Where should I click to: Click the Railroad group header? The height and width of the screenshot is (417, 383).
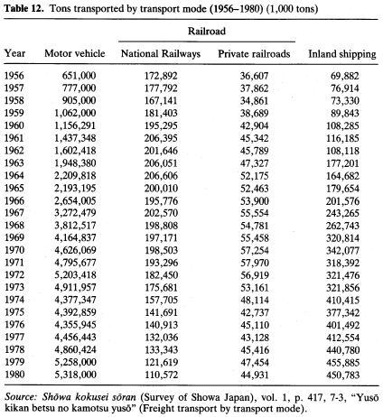tap(207, 31)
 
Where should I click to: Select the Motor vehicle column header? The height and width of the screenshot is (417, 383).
tap(75, 53)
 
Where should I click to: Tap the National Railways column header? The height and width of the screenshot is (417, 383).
tap(161, 53)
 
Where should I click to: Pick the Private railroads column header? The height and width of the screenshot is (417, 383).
tap(254, 53)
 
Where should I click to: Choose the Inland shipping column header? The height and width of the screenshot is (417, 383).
tap(342, 54)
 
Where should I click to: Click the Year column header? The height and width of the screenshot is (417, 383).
tap(14, 53)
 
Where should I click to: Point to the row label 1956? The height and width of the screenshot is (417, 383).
tap(14, 76)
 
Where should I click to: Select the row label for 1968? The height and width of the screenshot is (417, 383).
tap(14, 225)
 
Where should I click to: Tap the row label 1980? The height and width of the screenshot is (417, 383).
tap(14, 375)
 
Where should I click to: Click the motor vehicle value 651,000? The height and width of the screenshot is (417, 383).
tap(79, 76)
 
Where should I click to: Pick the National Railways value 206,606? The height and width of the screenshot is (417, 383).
tap(161, 175)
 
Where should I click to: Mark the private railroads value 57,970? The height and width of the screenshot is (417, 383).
tap(255, 263)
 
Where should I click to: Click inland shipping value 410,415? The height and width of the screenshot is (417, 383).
tap(342, 300)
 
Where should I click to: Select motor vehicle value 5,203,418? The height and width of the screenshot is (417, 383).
tap(75, 274)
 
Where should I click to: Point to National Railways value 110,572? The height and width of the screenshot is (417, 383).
tap(161, 375)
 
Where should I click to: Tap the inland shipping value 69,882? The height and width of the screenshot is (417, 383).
tap(345, 76)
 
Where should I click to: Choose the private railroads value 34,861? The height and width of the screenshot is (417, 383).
tap(255, 100)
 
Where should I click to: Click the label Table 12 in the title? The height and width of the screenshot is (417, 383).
tap(25, 8)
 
